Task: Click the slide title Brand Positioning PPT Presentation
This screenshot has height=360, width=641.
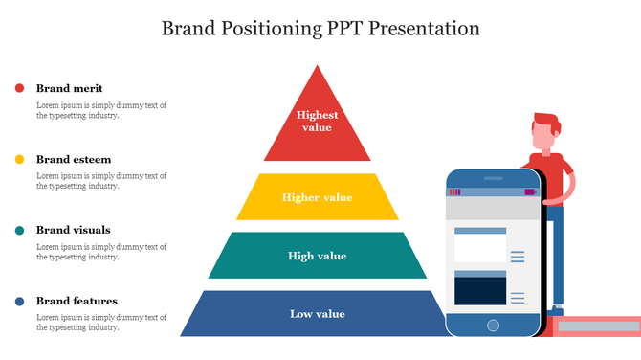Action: point(320,28)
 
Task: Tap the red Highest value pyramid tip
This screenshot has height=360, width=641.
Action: point(317,123)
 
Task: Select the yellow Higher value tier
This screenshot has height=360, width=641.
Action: point(317,197)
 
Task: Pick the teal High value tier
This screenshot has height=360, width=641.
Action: point(317,256)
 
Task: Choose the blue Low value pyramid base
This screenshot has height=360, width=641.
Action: point(317,313)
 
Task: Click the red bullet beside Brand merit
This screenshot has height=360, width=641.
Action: point(19,88)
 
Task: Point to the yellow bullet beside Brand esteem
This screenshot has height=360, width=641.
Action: point(19,159)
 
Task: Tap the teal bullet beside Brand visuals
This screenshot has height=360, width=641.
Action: point(19,230)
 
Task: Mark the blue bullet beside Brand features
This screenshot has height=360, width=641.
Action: point(19,302)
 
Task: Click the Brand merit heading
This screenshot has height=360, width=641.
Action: point(69,88)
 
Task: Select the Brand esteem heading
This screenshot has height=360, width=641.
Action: point(74,159)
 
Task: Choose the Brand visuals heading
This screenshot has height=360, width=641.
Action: point(73,230)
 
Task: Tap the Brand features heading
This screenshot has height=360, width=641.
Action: point(77,301)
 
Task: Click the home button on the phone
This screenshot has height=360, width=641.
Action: point(493,326)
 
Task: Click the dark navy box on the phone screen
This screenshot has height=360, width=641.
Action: point(479,291)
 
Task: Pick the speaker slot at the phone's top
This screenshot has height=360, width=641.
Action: point(494,177)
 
